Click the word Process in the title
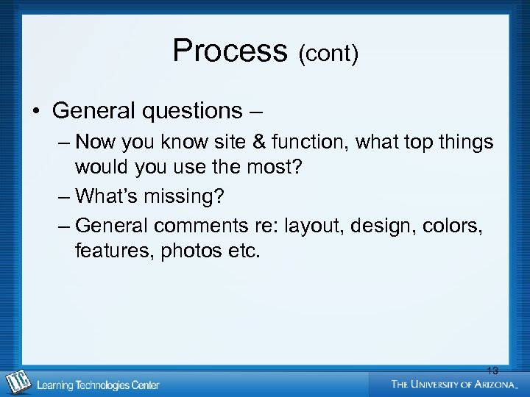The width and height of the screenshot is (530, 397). [230, 51]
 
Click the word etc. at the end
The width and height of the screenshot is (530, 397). [243, 251]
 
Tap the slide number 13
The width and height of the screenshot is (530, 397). [492, 371]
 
